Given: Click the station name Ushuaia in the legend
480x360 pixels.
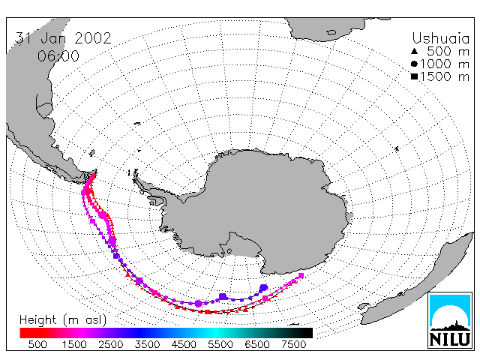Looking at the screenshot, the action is point(440,38).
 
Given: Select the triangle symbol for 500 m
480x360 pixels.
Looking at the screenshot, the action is point(414,51).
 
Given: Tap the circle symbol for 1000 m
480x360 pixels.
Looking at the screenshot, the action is point(414,64).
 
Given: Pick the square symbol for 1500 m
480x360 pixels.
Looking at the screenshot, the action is point(414,76).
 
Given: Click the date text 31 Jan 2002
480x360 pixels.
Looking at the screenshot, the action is point(63,38).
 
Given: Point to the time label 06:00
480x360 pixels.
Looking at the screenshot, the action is point(58,55).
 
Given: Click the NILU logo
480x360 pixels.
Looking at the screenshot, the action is point(450,320).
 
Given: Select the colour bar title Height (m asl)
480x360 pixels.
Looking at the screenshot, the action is point(63,320).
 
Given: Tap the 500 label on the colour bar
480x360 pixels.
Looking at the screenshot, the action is point(37,344).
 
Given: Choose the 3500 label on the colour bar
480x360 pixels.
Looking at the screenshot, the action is point(147,344).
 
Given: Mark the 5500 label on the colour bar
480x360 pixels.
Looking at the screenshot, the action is point(220,344).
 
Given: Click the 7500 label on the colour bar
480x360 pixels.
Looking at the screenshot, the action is point(293,344).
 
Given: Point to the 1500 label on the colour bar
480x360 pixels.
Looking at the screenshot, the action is point(74,344).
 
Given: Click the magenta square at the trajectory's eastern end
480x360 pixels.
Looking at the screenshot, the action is point(301,276).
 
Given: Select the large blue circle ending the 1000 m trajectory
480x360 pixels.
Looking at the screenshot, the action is point(263,288).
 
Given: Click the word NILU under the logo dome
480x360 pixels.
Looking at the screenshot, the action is point(450,339).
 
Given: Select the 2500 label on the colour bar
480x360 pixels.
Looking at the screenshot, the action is point(110,344).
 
